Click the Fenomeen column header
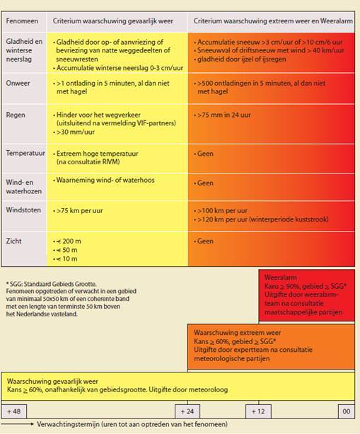[x=22, y=21]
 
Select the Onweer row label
[x=18, y=83]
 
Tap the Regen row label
[x=16, y=115]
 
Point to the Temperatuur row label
[x=25, y=153]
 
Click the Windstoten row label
[x=23, y=210]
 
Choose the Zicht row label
[x=14, y=241]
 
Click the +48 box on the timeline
[x=14, y=411]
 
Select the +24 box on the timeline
[x=187, y=411]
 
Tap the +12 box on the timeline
[x=258, y=411]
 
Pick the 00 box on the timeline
[x=347, y=411]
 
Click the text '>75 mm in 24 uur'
[x=224, y=115]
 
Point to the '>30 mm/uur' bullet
[x=76, y=132]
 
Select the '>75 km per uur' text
[x=80, y=211]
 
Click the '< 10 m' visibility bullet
[x=66, y=259]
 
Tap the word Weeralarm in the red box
[x=281, y=278]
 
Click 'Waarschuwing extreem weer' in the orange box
[x=237, y=333]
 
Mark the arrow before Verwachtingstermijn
[x=17, y=424]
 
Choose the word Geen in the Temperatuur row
[x=205, y=154]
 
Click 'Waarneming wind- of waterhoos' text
[x=105, y=181]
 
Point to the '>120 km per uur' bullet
[x=262, y=219]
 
